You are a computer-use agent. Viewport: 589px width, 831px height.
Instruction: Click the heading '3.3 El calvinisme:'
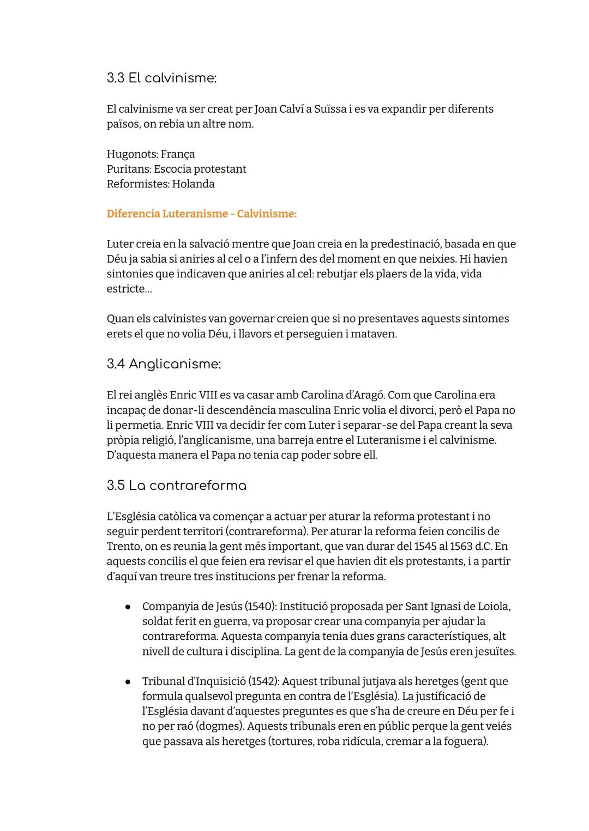pyautogui.click(x=161, y=78)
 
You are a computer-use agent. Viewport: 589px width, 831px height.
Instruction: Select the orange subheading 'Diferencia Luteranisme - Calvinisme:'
pyautogui.click(x=202, y=214)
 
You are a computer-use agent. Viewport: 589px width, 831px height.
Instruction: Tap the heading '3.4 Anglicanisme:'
pyautogui.click(x=164, y=364)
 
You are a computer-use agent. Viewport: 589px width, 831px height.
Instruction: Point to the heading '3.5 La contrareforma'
pyautogui.click(x=177, y=486)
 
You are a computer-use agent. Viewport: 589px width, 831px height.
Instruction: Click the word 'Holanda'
pyautogui.click(x=193, y=184)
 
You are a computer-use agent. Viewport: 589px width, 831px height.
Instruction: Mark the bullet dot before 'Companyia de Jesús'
pyautogui.click(x=127, y=606)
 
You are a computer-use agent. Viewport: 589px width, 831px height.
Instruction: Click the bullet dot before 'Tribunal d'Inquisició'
pyautogui.click(x=127, y=682)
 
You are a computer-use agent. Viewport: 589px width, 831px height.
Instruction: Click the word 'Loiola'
pyautogui.click(x=494, y=606)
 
